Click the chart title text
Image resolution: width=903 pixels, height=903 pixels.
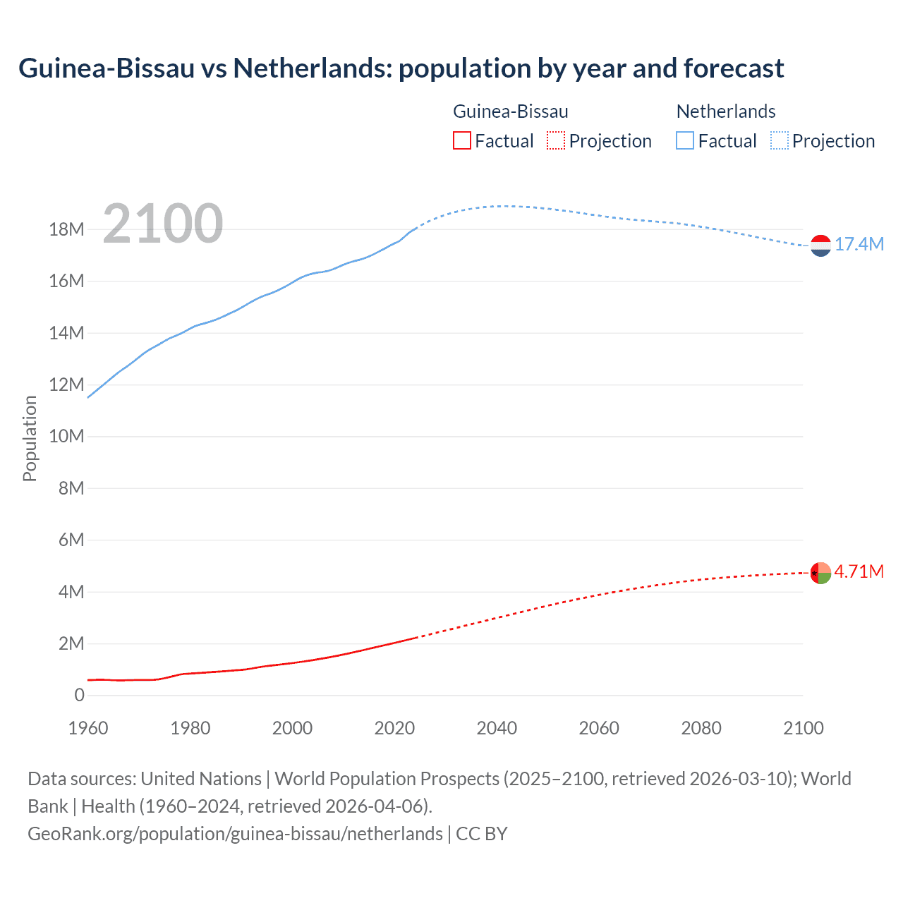401,68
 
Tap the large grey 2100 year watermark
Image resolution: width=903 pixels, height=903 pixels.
163,224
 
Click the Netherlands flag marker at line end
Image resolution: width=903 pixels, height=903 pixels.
820,246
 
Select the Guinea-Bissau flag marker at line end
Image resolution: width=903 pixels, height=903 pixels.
820,573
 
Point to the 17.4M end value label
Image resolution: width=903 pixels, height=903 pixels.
859,245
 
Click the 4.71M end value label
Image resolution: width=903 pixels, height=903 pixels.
859,571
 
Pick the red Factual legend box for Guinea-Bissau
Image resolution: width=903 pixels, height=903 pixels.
461,141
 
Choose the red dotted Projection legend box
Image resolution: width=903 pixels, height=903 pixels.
556,141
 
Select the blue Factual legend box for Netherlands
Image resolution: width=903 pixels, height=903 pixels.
685,141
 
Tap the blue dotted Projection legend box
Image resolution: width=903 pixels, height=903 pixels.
779,141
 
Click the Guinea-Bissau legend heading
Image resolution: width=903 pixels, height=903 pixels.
510,111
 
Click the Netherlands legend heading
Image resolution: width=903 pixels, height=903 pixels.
725,111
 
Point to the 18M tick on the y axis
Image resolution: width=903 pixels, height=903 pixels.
66,230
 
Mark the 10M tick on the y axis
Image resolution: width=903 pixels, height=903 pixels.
66,437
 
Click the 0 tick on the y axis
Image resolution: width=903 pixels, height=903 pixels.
79,696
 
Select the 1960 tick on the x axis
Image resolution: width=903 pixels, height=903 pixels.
88,728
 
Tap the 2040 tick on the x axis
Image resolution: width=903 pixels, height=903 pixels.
497,728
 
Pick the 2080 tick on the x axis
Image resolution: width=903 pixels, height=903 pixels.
701,728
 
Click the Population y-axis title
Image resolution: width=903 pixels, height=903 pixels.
30,438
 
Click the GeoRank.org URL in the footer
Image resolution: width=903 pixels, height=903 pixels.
235,834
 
